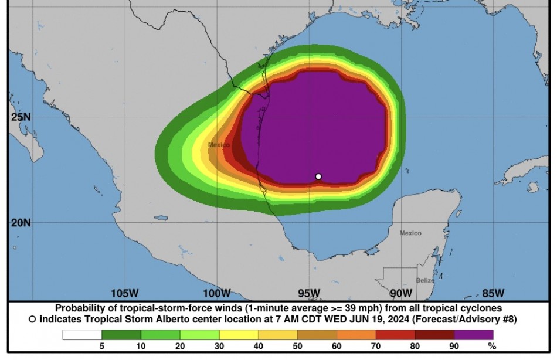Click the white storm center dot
tap(318, 176)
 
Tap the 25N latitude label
tap(21, 117)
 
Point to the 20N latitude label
tap(21, 223)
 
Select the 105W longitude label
tap(124, 293)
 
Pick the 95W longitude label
tap(309, 293)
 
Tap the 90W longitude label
tap(401, 293)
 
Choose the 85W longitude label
tap(493, 293)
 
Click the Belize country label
tap(425, 280)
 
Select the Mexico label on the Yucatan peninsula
tap(410, 233)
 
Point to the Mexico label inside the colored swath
tap(219, 144)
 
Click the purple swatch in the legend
tap(474, 335)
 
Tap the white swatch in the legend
tap(82, 335)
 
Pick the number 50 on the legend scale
tap(298, 347)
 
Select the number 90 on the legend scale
tap(454, 347)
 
